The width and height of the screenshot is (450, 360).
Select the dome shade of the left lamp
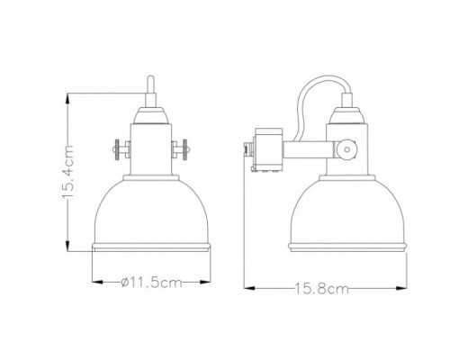click(151, 207)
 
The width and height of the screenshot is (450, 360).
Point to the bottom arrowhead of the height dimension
click(71, 251)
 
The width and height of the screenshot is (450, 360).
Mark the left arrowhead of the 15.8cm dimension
click(248, 288)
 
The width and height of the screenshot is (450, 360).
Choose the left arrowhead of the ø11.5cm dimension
click(95, 282)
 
